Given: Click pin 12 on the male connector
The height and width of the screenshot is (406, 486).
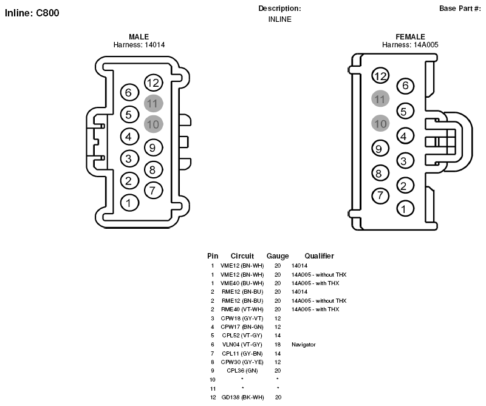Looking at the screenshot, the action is [x=154, y=83].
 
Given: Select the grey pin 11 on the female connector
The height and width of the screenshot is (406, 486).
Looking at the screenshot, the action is [x=380, y=99].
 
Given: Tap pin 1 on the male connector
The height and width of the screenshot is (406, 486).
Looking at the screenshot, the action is [x=129, y=203].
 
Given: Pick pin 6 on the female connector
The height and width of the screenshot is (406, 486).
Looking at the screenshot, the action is [x=405, y=86].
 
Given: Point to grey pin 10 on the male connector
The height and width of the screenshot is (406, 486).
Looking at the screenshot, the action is [x=154, y=124].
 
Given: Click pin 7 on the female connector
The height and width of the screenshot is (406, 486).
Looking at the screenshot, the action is [x=380, y=196].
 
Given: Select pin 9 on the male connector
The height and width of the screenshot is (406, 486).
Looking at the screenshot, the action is [x=154, y=147].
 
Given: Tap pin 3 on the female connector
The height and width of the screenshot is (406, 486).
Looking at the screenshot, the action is [x=405, y=161].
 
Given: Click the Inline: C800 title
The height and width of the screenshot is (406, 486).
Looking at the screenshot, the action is [x=32, y=13].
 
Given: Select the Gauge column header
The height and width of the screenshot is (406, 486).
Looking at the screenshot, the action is [x=278, y=256].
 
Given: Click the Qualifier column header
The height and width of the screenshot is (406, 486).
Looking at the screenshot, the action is [x=320, y=256].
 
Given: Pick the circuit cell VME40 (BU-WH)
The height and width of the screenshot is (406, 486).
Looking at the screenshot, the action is [x=242, y=283].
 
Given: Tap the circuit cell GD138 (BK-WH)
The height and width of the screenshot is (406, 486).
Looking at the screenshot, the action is [x=242, y=398].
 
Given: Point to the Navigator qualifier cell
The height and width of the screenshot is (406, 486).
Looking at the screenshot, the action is [x=303, y=344].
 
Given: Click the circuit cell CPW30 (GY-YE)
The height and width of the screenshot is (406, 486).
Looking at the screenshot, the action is [x=242, y=362].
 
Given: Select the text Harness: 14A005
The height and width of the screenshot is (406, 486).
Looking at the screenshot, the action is [x=410, y=45].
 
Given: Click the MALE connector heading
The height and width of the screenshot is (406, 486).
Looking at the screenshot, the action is [x=139, y=37].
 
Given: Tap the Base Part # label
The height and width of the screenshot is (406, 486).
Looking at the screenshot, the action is [x=460, y=8].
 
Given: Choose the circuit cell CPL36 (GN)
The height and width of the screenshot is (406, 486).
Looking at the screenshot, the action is [x=242, y=371].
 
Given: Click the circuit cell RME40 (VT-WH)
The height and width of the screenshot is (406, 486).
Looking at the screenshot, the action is [x=242, y=309].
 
